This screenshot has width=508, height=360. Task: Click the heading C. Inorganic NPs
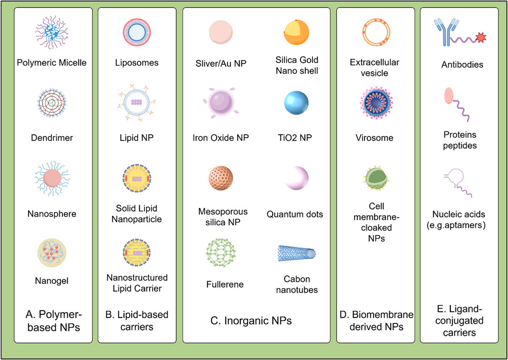tap(258, 321)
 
